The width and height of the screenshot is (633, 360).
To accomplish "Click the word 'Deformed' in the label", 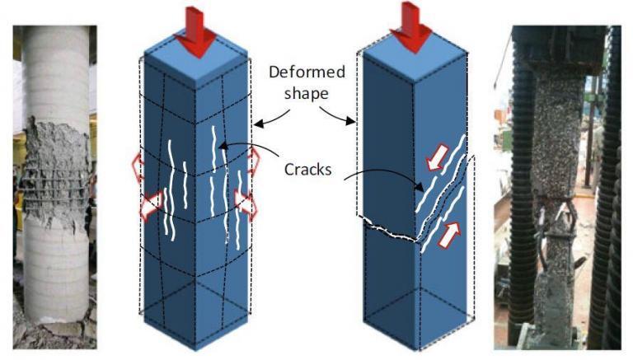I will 305,72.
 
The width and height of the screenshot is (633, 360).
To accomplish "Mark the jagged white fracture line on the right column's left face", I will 387,229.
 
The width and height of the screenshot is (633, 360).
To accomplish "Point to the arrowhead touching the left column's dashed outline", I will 255,125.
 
